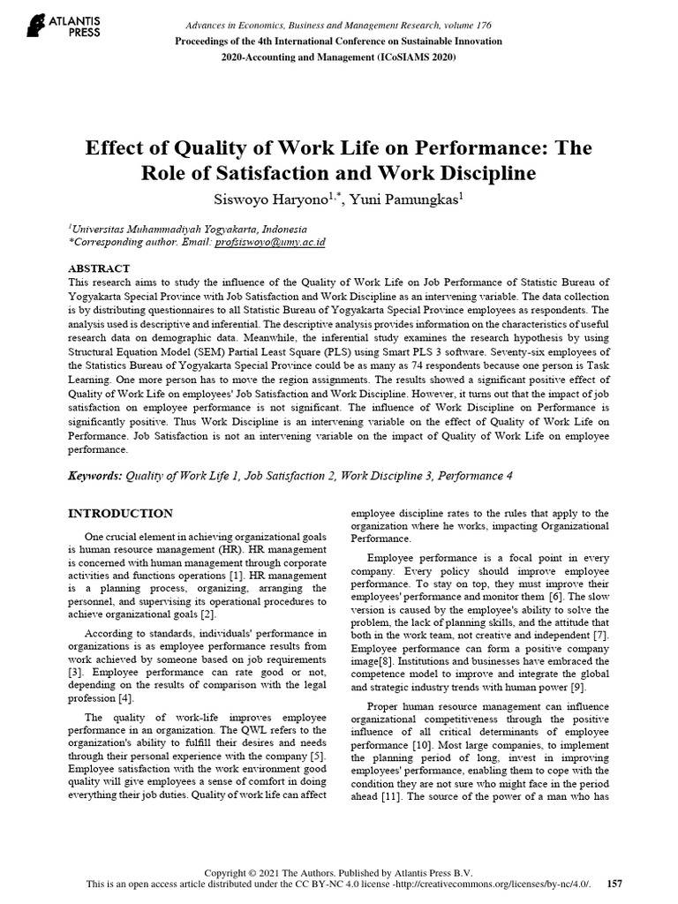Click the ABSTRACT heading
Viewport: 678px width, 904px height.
99,268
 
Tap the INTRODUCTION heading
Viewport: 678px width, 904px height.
120,513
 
